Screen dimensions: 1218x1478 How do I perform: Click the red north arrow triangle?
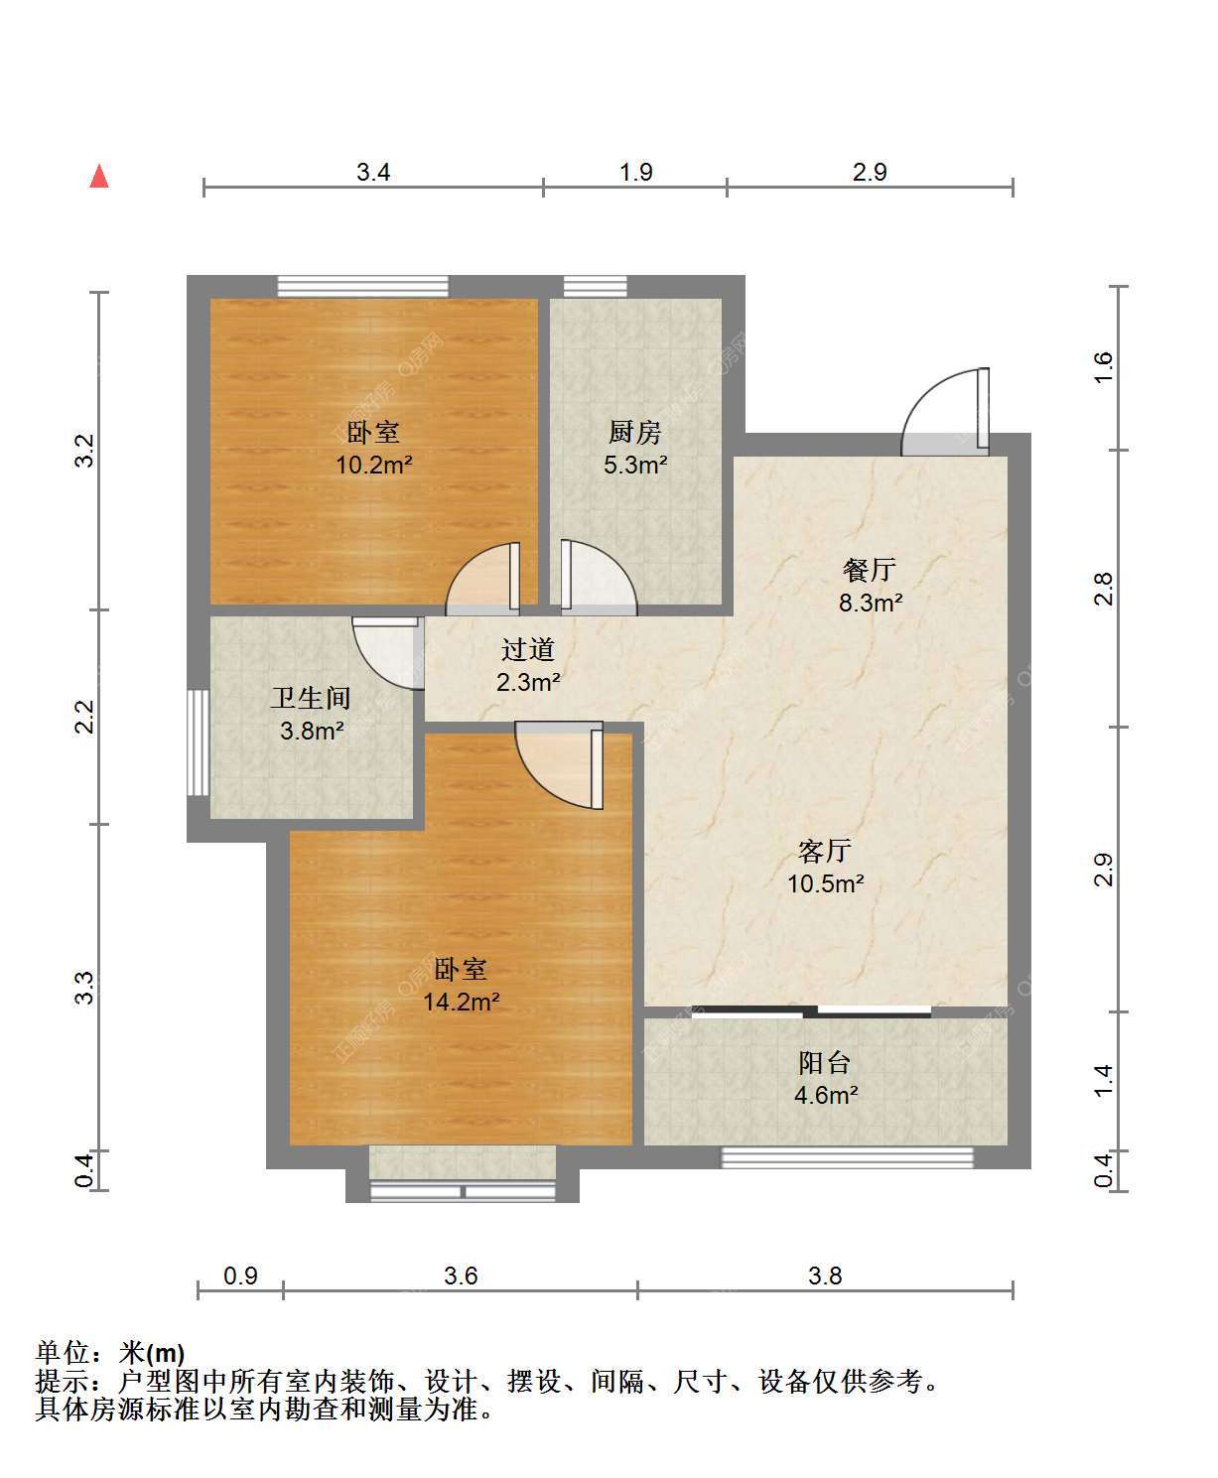pyautogui.click(x=99, y=177)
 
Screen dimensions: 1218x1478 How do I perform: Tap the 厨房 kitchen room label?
pyautogui.click(x=635, y=433)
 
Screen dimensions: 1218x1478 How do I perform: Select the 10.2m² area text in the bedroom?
pyautogui.click(x=374, y=466)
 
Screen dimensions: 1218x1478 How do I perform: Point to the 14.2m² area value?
pyautogui.click(x=462, y=1003)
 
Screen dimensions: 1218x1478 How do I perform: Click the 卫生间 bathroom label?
pyautogui.click(x=311, y=698)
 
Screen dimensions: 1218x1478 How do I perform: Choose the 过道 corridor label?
pyautogui.click(x=527, y=649)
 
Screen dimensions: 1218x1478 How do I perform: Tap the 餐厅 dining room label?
pyautogui.click(x=870, y=569)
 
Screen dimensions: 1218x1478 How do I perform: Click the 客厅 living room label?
pyautogui.click(x=825, y=851)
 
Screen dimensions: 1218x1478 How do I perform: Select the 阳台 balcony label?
pyautogui.click(x=825, y=1062)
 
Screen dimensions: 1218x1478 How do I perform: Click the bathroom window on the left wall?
pyautogui.click(x=199, y=742)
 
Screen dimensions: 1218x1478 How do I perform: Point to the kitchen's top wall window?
pyautogui.click(x=595, y=287)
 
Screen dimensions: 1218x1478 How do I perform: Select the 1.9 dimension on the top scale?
pyautogui.click(x=636, y=172)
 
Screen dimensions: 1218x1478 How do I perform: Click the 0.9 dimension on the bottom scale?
pyautogui.click(x=240, y=1276)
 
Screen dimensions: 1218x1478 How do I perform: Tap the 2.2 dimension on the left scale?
pyautogui.click(x=84, y=717)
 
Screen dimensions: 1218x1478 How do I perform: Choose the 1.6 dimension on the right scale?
pyautogui.click(x=1103, y=367)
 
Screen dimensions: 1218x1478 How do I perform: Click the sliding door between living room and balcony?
pyautogui.click(x=812, y=1011)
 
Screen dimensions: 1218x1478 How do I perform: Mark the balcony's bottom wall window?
pyautogui.click(x=847, y=1157)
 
